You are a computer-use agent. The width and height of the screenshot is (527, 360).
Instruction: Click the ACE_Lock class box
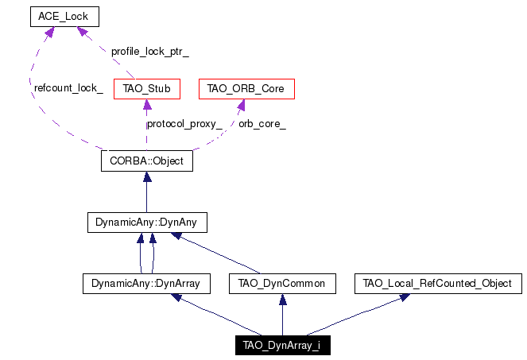(x=64, y=17)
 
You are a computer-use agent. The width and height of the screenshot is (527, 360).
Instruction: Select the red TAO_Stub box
(x=147, y=89)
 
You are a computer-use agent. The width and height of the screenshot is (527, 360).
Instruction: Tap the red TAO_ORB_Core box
(x=246, y=89)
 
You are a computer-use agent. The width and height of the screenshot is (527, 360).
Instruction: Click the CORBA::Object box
(x=147, y=161)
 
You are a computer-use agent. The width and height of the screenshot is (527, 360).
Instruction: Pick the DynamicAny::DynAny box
(x=147, y=223)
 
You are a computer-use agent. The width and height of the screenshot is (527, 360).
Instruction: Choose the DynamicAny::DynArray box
(x=146, y=284)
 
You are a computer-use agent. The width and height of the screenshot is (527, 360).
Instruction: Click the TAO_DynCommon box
(x=282, y=284)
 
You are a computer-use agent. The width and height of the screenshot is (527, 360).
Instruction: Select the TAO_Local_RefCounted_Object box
(x=438, y=284)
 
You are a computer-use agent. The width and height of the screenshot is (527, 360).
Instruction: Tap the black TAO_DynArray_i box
(x=283, y=345)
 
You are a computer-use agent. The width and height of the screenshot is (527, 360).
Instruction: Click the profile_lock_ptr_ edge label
(x=150, y=52)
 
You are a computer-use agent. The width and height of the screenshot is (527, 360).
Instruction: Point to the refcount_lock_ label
(x=68, y=88)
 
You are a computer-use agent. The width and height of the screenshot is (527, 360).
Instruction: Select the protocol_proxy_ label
(x=184, y=124)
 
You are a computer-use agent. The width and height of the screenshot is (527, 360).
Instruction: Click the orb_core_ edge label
(x=262, y=124)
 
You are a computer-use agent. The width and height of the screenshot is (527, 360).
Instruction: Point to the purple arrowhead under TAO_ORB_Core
(x=241, y=105)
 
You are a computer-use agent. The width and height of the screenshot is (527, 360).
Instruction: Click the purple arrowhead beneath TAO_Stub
(x=147, y=104)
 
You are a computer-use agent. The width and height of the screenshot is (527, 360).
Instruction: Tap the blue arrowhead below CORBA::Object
(x=147, y=176)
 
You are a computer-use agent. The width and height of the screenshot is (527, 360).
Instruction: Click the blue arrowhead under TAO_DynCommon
(x=283, y=299)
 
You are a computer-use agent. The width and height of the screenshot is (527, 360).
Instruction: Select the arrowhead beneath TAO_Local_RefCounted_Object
(x=405, y=297)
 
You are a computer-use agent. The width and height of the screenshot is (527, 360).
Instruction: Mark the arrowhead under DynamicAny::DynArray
(x=176, y=297)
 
